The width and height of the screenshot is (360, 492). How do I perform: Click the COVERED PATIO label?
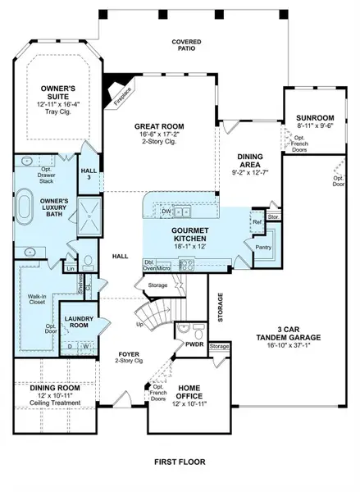tap(186, 45)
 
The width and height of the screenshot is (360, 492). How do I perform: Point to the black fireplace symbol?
tap(121, 84)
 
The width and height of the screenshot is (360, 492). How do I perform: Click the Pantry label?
tap(264, 247)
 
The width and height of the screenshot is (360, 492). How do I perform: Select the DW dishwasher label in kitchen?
tap(166, 211)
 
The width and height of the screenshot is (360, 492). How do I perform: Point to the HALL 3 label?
tap(89, 175)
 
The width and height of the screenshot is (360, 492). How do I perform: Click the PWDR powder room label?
tap(194, 345)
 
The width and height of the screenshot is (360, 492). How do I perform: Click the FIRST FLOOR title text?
tap(180, 462)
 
